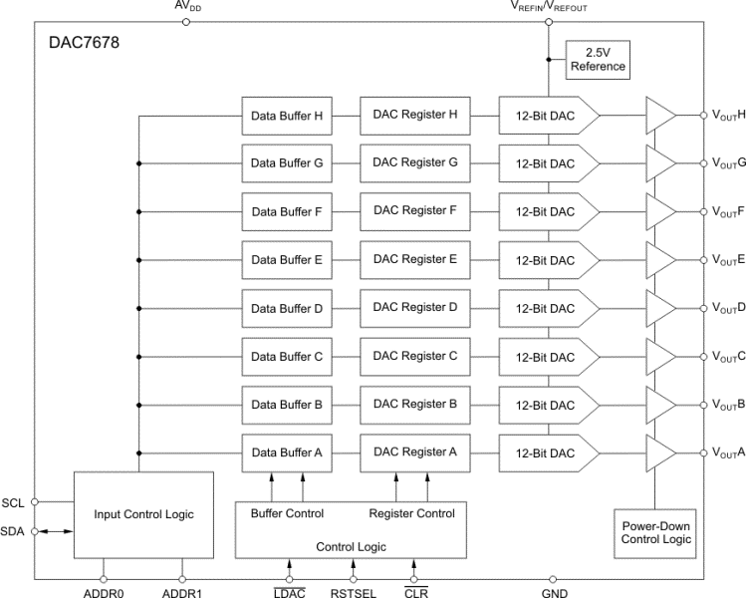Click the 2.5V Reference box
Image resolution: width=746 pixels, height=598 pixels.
point(598,59)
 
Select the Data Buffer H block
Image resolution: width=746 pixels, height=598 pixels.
point(287,115)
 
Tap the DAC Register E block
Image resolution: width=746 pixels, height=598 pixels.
point(414,259)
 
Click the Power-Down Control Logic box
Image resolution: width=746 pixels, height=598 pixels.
point(654,532)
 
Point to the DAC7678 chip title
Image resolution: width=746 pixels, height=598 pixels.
point(85,45)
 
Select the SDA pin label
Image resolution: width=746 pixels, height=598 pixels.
point(14,532)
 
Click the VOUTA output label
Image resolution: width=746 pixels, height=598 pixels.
point(726,452)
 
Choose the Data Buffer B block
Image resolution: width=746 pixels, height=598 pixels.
point(287,405)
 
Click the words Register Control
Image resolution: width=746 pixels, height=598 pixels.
point(411,513)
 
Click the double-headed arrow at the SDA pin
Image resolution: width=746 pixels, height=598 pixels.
point(56,532)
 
